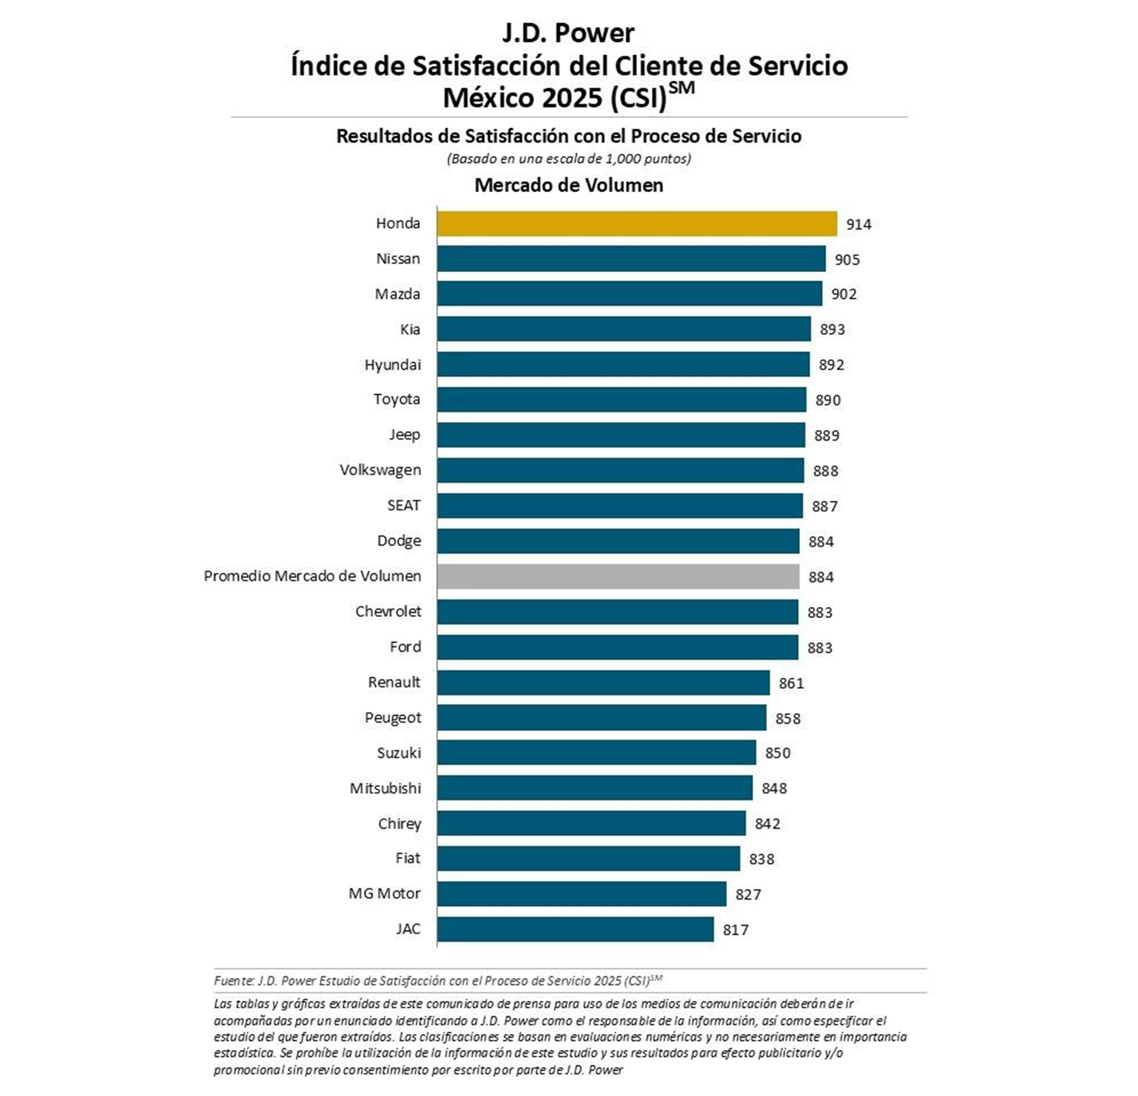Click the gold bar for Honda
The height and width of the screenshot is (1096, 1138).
point(636,224)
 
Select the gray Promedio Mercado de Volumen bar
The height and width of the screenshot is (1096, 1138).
point(618,577)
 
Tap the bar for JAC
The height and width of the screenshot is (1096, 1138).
point(575,929)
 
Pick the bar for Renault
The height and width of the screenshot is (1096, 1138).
point(603,683)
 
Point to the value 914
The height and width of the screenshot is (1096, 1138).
point(858,225)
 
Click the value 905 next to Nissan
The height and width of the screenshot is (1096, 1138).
point(847,260)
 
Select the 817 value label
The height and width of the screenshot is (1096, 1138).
point(735,930)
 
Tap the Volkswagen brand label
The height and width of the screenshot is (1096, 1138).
point(380,470)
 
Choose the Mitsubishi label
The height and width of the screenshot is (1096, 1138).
point(385,788)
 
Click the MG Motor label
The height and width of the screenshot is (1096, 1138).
point(384,894)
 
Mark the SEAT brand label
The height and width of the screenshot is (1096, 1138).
point(403,506)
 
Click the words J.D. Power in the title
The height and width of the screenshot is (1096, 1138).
point(568,33)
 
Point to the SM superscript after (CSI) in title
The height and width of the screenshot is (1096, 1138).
point(682,88)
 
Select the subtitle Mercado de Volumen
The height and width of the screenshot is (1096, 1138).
point(568,185)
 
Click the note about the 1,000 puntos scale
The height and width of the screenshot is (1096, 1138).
point(568,159)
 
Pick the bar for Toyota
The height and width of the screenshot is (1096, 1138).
point(621,400)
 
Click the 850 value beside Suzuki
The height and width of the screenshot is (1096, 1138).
point(777,753)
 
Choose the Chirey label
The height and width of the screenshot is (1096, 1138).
point(399,824)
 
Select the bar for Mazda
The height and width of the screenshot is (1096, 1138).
point(629,294)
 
